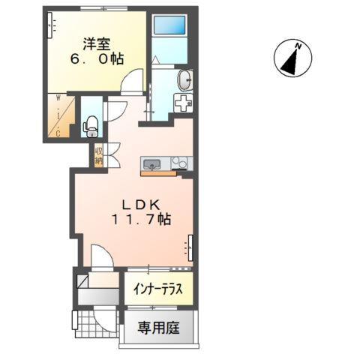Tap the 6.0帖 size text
(95, 58)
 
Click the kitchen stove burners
(180, 162)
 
